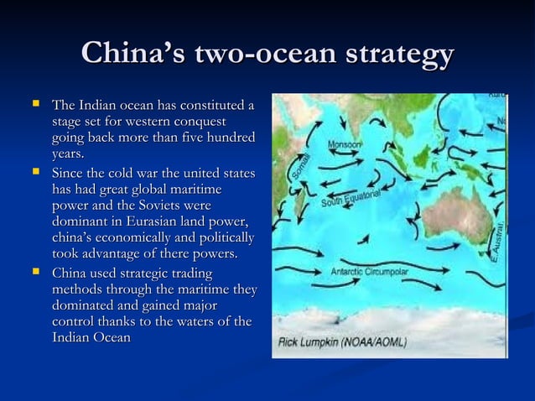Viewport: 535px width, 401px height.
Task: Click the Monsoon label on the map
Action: [344, 143]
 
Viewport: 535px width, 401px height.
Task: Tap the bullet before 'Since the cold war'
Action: [35, 172]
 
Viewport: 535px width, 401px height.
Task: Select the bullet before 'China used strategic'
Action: [35, 273]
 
